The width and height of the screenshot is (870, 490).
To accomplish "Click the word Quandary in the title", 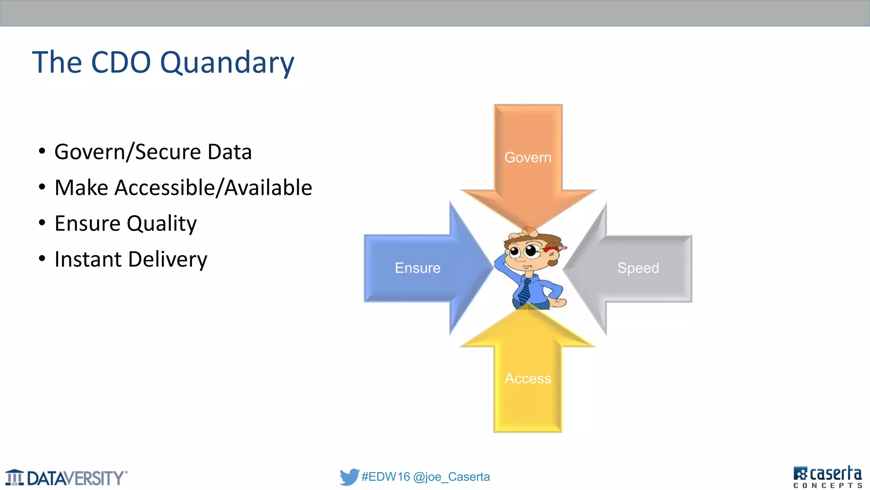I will click(227, 63).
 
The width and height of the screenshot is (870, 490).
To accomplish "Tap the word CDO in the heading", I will click(121, 63).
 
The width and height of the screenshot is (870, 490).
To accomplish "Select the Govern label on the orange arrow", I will click(528, 157).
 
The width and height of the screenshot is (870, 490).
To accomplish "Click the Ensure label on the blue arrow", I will click(418, 268).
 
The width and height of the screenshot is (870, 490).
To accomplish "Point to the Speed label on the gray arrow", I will click(638, 268).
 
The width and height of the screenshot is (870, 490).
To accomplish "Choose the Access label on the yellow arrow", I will click(528, 378).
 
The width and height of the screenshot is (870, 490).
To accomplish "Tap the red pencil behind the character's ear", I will click(553, 248).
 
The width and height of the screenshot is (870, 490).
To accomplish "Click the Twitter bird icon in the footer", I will click(349, 477).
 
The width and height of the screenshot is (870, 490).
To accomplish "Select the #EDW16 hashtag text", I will click(385, 477).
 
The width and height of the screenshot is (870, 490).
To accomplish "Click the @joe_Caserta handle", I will click(451, 477).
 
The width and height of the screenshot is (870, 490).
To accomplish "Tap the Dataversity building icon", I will click(15, 477).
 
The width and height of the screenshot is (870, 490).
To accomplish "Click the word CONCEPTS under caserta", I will click(828, 485).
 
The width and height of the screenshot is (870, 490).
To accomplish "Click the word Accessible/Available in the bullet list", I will click(213, 188).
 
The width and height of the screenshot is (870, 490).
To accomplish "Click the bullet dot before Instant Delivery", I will click(42, 258).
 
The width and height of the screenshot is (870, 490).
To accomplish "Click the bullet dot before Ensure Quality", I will click(42, 222).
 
